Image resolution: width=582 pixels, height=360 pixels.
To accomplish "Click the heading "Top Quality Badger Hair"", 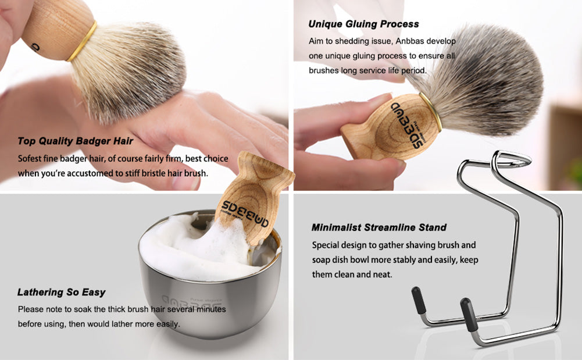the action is coord(76,141).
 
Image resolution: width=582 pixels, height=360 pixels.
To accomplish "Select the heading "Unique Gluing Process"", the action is coord(363,24).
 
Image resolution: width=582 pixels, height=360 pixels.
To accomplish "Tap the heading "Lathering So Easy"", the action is coord(61,293).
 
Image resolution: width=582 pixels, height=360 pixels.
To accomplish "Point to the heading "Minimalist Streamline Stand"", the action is coord(379,227).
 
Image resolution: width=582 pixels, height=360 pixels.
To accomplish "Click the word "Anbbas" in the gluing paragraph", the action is coord(409,41).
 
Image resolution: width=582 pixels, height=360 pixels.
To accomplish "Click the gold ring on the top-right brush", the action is coord(431,112).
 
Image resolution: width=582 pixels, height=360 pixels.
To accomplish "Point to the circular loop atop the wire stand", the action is coord(512,159).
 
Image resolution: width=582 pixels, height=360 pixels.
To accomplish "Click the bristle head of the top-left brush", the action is coord(128,70).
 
